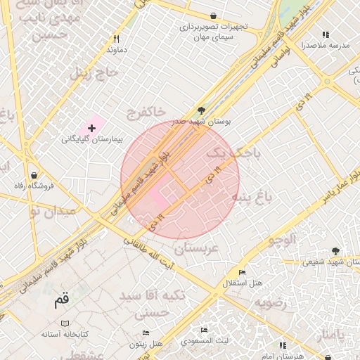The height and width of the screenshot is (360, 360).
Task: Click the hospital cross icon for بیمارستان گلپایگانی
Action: [91, 127]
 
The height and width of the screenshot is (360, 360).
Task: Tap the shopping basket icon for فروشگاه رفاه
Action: [34, 174]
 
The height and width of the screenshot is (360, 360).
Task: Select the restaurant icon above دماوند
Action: [117, 39]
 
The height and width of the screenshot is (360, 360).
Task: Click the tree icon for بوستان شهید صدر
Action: [202, 110]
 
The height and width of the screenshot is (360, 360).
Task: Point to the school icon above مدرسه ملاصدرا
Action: [325, 34]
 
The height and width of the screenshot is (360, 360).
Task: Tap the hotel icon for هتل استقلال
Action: [243, 272]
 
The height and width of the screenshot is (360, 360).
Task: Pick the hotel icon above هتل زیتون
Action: [146, 333]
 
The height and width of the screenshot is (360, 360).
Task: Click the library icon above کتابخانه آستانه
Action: [65, 323]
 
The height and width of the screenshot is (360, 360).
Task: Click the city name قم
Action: [62, 301]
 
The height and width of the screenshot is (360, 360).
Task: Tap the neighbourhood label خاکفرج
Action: [147, 111]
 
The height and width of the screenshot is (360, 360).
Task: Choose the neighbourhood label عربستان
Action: [197, 248]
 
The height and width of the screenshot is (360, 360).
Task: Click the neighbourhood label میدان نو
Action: [51, 210]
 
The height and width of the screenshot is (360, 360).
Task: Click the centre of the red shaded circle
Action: [180, 180]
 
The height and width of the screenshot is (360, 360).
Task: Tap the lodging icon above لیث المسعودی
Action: [204, 330]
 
